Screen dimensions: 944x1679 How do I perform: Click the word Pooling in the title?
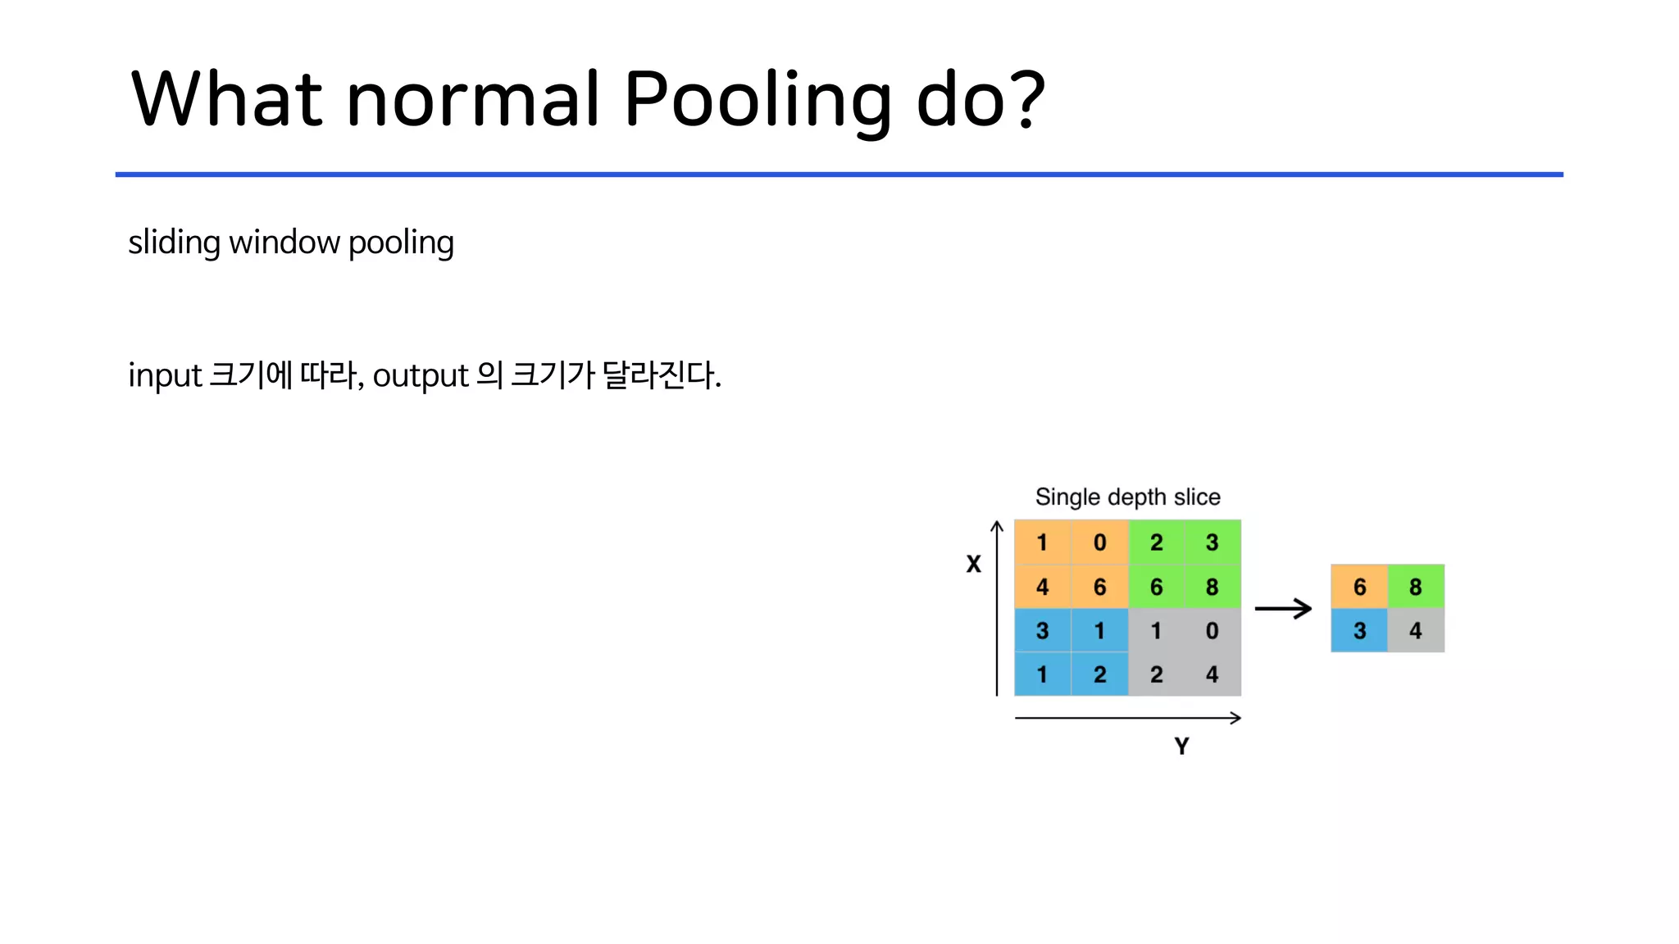[x=757, y=100]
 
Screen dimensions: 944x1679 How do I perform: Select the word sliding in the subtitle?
[x=174, y=243]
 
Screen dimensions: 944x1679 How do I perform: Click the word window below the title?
[x=284, y=243]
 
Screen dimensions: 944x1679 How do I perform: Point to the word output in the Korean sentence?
[x=421, y=376]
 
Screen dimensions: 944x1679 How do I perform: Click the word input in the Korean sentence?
[x=165, y=376]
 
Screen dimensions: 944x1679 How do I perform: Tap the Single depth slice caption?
[x=1127, y=497]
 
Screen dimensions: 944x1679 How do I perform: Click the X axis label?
[x=973, y=564]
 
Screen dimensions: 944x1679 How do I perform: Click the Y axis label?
[x=1181, y=746]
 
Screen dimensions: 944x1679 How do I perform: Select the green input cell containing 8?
[x=1212, y=587]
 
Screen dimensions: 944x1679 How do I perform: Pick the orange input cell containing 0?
[x=1099, y=542]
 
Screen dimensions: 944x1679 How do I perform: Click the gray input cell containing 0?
[x=1212, y=630]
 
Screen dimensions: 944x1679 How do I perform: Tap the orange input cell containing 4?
[x=1042, y=587]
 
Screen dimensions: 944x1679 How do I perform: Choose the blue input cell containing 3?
[x=1042, y=630]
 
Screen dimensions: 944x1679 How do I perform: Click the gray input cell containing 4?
[x=1212, y=674]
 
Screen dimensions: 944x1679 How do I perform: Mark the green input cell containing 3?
[x=1212, y=542]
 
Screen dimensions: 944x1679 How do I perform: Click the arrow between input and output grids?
[x=1283, y=608]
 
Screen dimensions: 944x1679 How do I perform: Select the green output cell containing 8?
[x=1416, y=586]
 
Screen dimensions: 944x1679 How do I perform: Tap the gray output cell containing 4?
[x=1416, y=630]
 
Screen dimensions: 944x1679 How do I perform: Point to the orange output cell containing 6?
[x=1359, y=586]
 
